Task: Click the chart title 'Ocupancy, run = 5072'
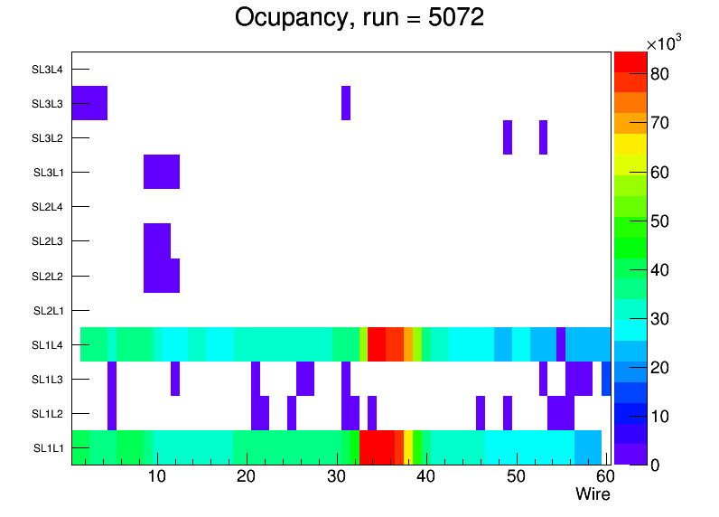(x=359, y=17)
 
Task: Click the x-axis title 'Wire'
(x=593, y=494)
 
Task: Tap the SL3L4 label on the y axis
(x=48, y=70)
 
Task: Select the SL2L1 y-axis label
(x=48, y=311)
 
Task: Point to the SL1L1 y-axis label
(x=48, y=448)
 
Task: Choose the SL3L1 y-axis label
(x=48, y=173)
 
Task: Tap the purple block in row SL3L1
(x=162, y=172)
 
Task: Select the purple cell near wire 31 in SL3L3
(x=346, y=103)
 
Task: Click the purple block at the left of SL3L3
(x=89, y=103)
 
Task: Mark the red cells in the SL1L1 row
(x=377, y=447)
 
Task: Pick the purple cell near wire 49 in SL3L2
(x=508, y=137)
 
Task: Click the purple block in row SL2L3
(x=157, y=240)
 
